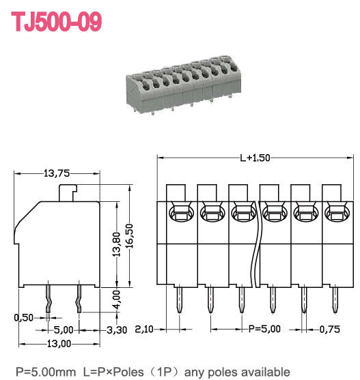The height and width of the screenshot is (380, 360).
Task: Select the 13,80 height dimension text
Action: tap(117, 244)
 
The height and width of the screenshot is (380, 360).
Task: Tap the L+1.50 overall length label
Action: tap(255, 158)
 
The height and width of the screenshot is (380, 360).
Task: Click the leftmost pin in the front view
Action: tap(179, 300)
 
